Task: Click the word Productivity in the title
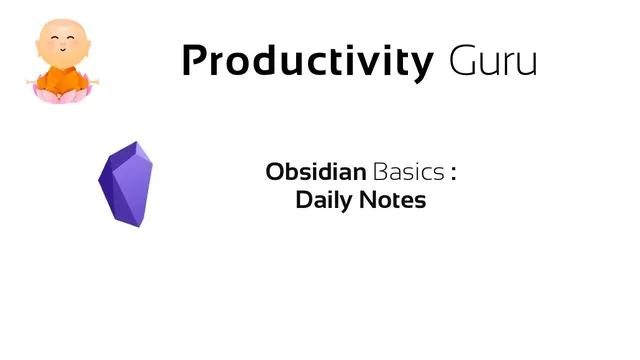click(x=307, y=62)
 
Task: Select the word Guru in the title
click(x=493, y=62)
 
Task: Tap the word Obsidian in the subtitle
click(x=316, y=172)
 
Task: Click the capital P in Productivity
click(x=197, y=62)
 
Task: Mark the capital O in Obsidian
click(x=275, y=172)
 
